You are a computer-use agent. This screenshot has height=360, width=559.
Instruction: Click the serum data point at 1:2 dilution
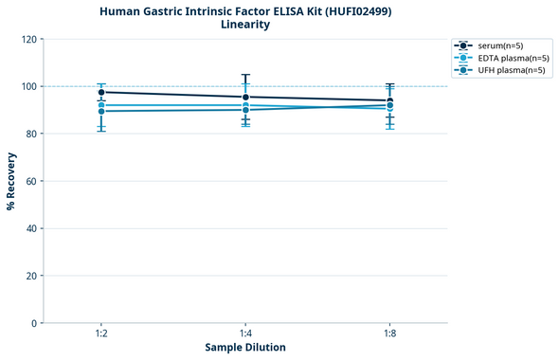pos(101,92)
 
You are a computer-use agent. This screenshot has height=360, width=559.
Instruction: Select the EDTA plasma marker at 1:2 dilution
pos(101,105)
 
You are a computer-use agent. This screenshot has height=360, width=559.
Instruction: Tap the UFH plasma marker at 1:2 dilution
pos(101,112)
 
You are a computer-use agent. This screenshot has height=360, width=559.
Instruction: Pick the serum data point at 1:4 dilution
pos(245,97)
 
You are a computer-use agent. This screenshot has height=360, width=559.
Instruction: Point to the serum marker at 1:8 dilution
pos(389,100)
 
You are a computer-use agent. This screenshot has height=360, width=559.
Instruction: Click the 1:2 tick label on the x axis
pos(101,333)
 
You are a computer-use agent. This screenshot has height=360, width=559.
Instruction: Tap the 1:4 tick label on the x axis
pos(245,333)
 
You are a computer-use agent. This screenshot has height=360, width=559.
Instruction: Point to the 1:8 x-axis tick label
pos(389,333)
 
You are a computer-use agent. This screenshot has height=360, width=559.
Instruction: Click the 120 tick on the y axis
pos(28,40)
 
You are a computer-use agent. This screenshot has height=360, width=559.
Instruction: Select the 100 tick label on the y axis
pos(28,87)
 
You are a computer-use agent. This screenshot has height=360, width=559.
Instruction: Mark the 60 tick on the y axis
pos(31,181)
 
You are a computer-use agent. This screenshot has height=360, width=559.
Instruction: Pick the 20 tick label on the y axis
pos(31,276)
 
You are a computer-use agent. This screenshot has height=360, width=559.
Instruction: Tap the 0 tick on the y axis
pos(34,323)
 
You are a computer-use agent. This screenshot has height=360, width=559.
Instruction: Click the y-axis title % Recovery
pos(11,180)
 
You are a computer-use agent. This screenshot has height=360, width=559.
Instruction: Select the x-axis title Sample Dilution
pos(245,348)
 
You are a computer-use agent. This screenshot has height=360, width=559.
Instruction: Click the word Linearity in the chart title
pos(244,25)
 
